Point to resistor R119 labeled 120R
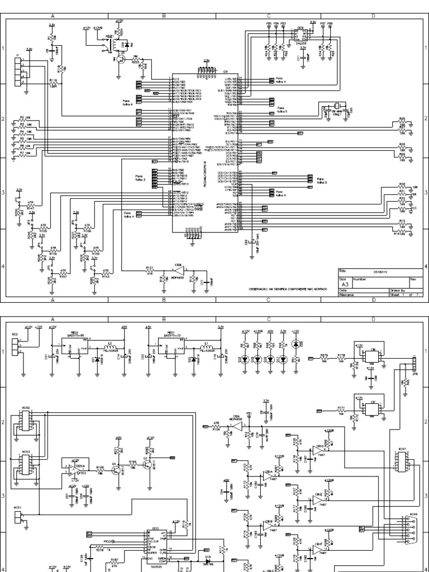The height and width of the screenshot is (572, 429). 53,84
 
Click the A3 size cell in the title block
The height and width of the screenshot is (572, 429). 345,283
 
